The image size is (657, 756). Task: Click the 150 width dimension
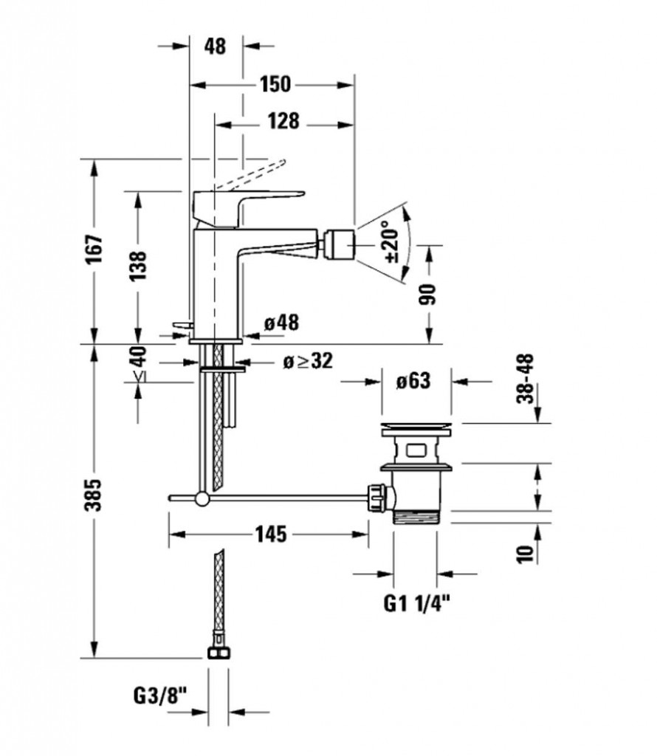click(274, 84)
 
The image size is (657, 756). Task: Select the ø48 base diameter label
click(281, 323)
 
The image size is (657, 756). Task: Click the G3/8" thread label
click(162, 696)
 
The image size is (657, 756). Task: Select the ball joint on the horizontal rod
click(202, 499)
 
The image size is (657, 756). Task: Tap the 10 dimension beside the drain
click(525, 554)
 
